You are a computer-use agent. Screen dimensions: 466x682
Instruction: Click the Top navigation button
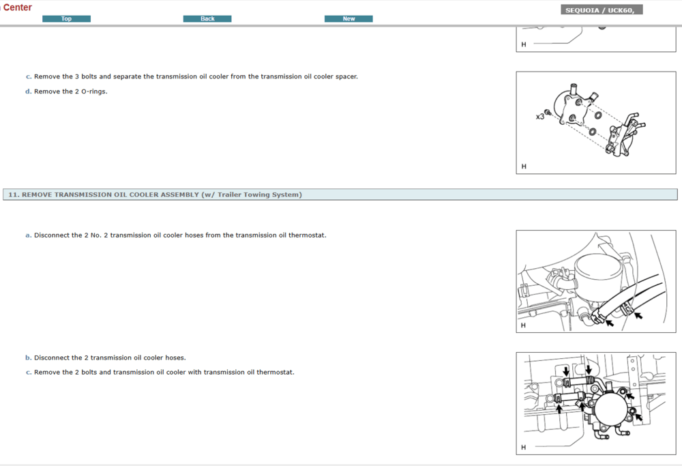[x=66, y=18]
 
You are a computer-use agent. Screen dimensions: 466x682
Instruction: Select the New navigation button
[x=349, y=18]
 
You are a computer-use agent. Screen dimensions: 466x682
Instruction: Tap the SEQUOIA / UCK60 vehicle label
[x=602, y=10]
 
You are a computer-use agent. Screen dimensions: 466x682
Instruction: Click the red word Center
[x=17, y=8]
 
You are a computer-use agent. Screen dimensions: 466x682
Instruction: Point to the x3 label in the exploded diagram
[x=539, y=117]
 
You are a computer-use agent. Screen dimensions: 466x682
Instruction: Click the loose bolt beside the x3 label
[x=548, y=113]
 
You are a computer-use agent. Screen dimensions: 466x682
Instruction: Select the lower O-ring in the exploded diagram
[x=593, y=131]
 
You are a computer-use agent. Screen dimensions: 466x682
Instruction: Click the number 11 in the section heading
[x=12, y=194]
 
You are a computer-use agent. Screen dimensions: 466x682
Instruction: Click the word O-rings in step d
[x=93, y=91]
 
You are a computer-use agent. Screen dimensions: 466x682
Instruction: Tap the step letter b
[x=28, y=358]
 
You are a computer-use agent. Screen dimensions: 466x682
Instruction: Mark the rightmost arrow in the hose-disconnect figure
[x=638, y=315]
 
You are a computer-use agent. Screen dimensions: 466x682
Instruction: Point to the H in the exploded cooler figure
[x=524, y=166]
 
